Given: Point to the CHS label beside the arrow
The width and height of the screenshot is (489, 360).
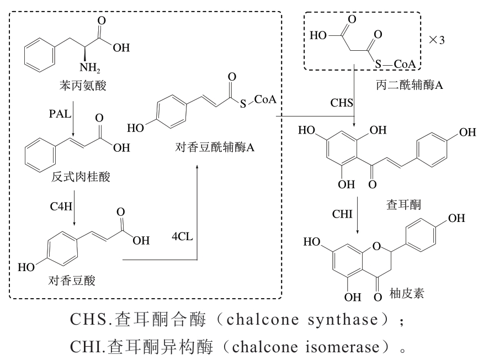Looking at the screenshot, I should click(342, 103).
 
